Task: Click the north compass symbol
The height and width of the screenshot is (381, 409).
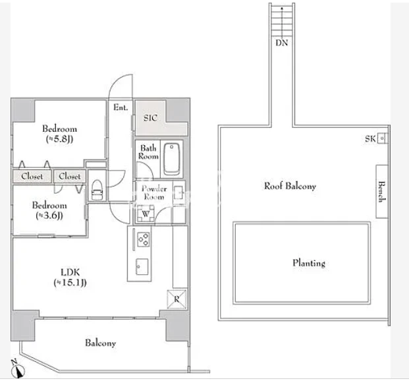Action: pyautogui.click(x=18, y=369)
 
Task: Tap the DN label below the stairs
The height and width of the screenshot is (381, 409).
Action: pyautogui.click(x=282, y=43)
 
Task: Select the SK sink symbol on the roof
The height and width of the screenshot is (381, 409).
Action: pyautogui.click(x=382, y=138)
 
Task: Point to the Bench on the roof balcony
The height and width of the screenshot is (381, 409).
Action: pyautogui.click(x=381, y=192)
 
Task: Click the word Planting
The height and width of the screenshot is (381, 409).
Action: pyautogui.click(x=309, y=263)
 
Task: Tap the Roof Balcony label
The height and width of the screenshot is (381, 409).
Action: pyautogui.click(x=290, y=186)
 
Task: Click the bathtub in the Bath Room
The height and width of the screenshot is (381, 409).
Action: pyautogui.click(x=172, y=159)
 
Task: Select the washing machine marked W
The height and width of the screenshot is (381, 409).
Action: pyautogui.click(x=146, y=214)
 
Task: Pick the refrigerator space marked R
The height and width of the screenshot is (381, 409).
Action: pyautogui.click(x=177, y=299)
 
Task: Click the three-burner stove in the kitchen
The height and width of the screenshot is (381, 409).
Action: pyautogui.click(x=144, y=239)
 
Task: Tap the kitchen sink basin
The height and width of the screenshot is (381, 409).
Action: pyautogui.click(x=142, y=266)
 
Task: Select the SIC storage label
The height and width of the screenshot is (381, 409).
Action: pyautogui.click(x=150, y=118)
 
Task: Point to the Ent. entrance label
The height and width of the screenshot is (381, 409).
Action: pyautogui.click(x=121, y=107)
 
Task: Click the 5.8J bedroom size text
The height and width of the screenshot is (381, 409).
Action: pyautogui.click(x=59, y=139)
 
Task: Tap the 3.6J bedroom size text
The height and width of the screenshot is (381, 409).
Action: pyautogui.click(x=49, y=216)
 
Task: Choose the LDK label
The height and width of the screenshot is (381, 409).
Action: pyautogui.click(x=70, y=272)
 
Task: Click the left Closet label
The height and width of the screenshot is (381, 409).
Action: pyautogui.click(x=32, y=176)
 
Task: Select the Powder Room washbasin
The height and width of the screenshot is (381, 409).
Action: pyautogui.click(x=178, y=192)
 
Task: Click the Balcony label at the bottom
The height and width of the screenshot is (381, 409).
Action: pyautogui.click(x=100, y=343)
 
